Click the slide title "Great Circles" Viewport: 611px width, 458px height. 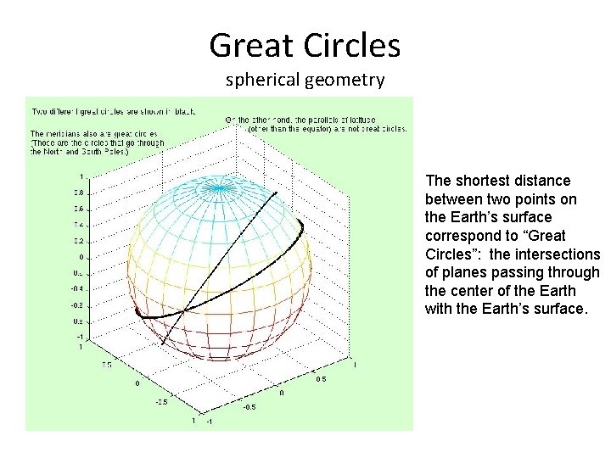305,46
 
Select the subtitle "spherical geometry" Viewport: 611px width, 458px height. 305,81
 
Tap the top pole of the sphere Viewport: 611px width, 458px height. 220,184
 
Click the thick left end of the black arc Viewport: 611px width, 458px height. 138,312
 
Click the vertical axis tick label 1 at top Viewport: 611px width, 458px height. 81,176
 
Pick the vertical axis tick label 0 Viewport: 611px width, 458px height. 81,257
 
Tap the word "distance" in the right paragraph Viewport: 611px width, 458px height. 545,181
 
